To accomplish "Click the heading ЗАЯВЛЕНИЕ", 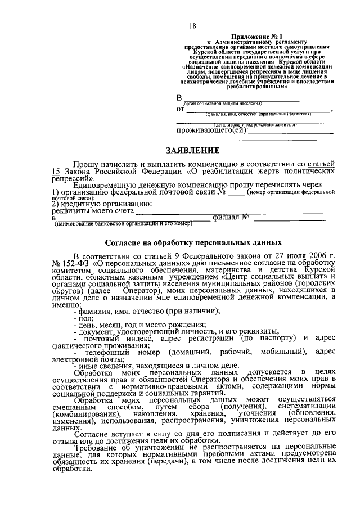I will [192, 151].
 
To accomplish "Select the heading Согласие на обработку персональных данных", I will [192, 243].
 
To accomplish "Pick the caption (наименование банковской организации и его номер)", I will [123, 224].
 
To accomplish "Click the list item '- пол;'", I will [83, 318].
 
